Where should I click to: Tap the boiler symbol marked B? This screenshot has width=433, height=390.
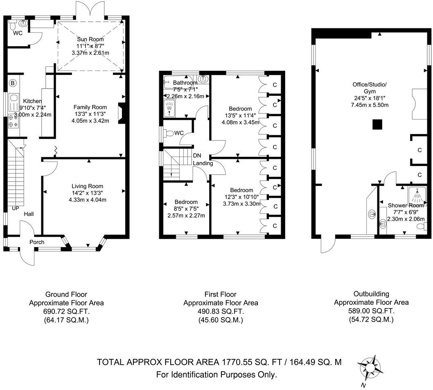pos(13,84)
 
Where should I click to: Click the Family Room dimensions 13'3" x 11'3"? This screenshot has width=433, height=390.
pos(90,114)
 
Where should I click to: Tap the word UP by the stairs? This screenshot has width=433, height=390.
pos(16,208)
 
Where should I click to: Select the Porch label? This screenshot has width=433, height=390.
pos(36,242)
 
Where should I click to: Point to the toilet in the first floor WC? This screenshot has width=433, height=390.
pos(169,133)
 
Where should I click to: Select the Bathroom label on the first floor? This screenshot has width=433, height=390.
pos(186,83)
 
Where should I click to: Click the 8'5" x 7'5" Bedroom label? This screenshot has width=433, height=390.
pos(186,202)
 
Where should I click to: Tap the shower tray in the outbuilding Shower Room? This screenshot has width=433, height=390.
pos(417,196)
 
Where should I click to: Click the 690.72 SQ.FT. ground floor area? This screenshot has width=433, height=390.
pos(66,311)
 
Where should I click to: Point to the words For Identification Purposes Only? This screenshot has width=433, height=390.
pos(217,374)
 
